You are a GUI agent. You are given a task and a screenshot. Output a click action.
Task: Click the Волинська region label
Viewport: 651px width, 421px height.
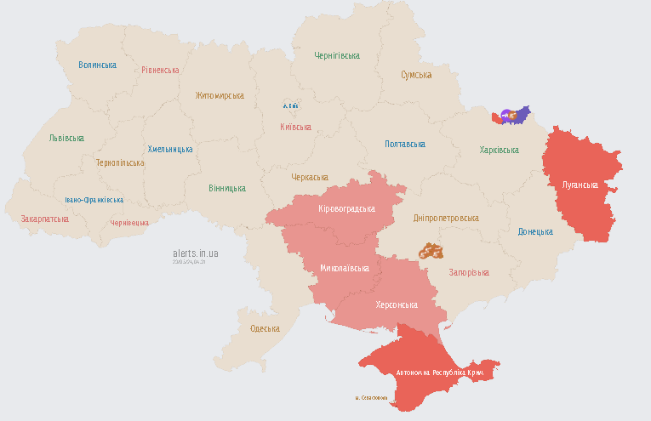tap(97, 65)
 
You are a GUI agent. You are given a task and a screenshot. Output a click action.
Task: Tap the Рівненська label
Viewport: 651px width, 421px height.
tap(160, 70)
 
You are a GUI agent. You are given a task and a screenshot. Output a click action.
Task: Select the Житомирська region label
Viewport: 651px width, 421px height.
tap(219, 95)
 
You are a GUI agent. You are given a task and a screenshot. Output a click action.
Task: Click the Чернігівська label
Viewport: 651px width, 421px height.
tap(336, 56)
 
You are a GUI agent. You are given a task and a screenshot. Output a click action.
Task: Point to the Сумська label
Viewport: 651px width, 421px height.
tap(416, 75)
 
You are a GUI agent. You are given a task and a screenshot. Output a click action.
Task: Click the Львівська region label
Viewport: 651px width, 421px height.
tap(66, 138)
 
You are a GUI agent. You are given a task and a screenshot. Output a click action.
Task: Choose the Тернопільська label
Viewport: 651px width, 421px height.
tap(120, 162)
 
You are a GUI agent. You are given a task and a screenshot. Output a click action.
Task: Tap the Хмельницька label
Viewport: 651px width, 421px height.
tap(169, 149)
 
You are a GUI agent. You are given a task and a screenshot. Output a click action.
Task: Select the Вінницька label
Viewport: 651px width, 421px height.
tap(227, 188)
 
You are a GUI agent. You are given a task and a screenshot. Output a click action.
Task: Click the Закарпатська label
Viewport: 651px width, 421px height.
tap(44, 219)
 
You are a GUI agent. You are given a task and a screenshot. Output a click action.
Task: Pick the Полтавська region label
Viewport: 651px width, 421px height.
tap(405, 145)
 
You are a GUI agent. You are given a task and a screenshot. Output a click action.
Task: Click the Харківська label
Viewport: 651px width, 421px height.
tap(499, 150)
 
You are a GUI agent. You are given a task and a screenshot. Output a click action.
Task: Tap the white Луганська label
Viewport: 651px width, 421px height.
tap(580, 185)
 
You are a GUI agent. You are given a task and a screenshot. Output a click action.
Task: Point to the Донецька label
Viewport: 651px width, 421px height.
tap(535, 231)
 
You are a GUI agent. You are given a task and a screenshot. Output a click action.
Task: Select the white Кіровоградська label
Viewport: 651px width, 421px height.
tap(346, 209)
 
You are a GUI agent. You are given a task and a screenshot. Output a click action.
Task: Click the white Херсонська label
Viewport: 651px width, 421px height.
tap(397, 304)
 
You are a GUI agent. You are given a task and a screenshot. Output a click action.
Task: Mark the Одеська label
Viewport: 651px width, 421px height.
tap(265, 328)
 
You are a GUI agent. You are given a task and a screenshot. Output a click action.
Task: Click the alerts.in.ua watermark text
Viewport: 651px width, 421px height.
tap(195, 253)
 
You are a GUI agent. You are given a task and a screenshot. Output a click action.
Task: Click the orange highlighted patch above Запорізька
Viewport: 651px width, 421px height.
tap(431, 251)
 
